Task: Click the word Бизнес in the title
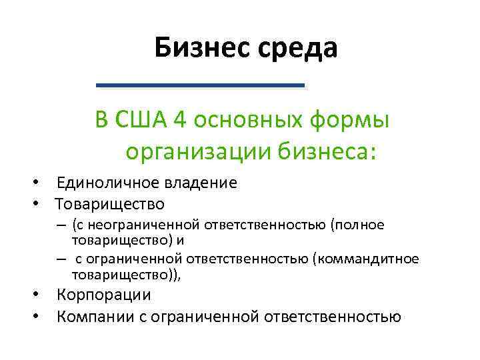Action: (x=195, y=48)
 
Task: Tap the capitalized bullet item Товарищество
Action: (x=110, y=203)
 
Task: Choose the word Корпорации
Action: (x=104, y=295)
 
